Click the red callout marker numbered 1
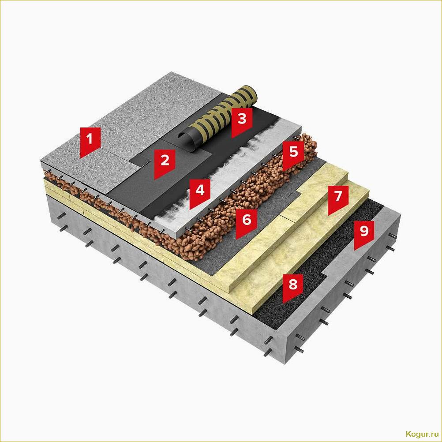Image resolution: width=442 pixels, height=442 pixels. click(x=90, y=142)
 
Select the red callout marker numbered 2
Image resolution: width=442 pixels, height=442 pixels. click(x=165, y=163)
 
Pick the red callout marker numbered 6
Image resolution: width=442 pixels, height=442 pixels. click(x=247, y=222)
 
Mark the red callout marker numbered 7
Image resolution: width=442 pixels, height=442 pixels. click(x=338, y=199)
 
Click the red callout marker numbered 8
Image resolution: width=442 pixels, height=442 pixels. click(x=293, y=287)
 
